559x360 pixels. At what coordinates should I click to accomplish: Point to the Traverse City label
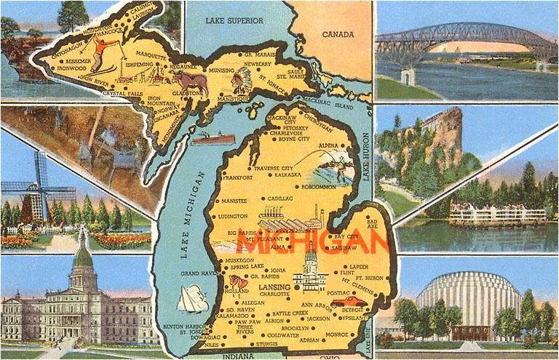click(273, 168)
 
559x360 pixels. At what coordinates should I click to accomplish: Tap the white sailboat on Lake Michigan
click(193, 298)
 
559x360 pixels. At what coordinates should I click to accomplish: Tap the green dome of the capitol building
click(83, 256)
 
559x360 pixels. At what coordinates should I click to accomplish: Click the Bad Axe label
click(372, 223)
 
